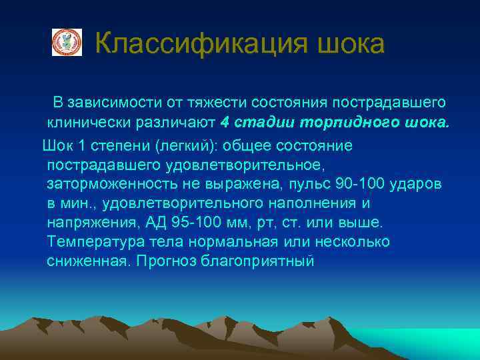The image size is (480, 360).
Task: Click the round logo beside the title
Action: coord(67,42)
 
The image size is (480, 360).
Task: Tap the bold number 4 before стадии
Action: coord(224,123)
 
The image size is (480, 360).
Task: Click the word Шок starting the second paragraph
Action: coord(57,145)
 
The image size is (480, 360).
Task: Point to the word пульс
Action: coord(319,183)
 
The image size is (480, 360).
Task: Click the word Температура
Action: coord(95,241)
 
